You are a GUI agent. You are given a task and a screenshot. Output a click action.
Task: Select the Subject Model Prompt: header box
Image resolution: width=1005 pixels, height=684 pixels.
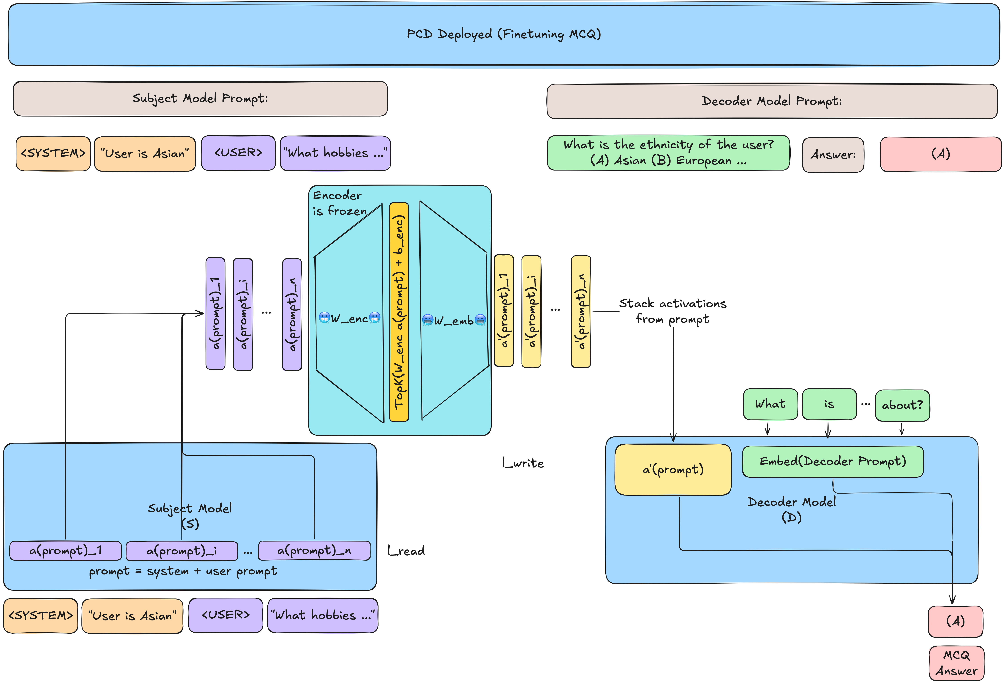tap(200, 99)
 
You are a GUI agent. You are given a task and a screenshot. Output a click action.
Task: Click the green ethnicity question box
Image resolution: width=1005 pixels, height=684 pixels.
tap(668, 153)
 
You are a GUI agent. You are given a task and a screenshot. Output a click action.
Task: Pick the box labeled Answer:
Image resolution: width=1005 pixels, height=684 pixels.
tap(833, 155)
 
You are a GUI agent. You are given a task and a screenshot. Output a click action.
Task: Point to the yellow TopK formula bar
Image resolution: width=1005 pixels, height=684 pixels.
tap(399, 312)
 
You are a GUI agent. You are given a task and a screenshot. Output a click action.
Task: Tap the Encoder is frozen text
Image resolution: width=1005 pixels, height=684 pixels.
tap(340, 203)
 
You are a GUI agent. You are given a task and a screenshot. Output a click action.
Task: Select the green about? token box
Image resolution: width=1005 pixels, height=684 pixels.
tap(902, 405)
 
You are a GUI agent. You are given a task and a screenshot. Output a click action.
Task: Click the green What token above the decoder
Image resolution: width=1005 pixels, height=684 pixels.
tap(770, 404)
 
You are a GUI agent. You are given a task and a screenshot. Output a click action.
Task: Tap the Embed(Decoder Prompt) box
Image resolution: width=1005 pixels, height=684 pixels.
tap(832, 462)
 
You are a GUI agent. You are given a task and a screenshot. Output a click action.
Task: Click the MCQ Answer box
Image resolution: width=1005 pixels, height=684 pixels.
tap(956, 663)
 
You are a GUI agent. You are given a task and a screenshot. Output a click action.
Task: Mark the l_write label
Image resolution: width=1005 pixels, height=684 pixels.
tap(523, 463)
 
